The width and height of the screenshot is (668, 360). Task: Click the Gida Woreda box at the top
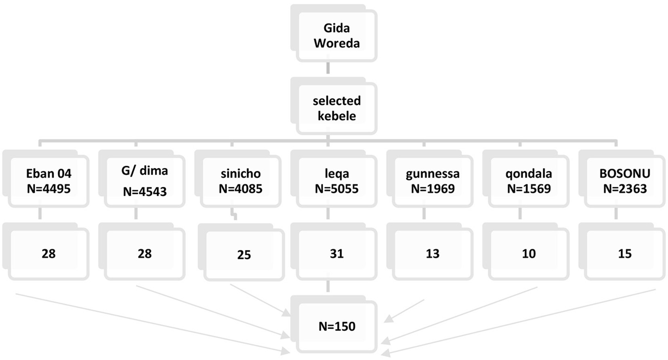(336, 36)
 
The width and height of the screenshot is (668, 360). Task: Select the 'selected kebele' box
(336, 108)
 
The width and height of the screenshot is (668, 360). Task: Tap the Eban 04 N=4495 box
(48, 181)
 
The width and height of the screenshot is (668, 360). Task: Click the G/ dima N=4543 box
(145, 181)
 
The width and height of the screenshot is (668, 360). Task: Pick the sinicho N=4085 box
(241, 181)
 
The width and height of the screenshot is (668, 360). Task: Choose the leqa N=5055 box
(336, 181)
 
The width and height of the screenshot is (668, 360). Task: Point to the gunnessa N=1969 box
(433, 181)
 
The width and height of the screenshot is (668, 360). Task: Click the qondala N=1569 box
(529, 181)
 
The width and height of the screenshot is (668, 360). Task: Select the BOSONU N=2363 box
(625, 181)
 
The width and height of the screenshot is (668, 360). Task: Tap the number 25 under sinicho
(244, 255)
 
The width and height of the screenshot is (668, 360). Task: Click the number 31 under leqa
(336, 253)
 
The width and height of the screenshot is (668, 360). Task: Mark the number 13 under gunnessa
(433, 253)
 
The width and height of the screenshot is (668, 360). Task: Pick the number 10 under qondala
(529, 253)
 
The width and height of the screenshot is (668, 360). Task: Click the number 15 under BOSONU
(625, 253)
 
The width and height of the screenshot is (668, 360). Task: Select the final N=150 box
(336, 326)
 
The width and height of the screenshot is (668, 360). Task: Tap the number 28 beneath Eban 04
(48, 253)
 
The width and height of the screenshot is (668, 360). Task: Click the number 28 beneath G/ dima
(145, 253)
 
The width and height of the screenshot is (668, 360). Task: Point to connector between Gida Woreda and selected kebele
(328, 68)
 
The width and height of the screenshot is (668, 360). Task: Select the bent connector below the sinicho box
(233, 214)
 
